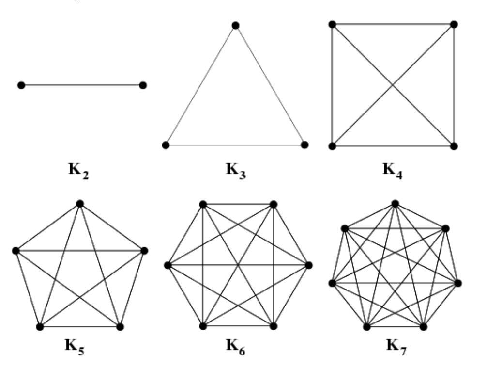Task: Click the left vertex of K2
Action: (21, 85)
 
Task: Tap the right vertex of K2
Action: (142, 85)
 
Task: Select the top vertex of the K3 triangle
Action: (235, 25)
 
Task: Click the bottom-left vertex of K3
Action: (166, 145)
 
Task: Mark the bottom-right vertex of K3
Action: (304, 145)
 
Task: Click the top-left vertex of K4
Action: (332, 24)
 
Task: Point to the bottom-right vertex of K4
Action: (454, 145)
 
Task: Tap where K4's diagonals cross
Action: (393, 85)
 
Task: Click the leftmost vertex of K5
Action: (15, 251)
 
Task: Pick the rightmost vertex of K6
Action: (309, 265)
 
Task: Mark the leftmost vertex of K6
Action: (167, 265)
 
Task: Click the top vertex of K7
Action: (395, 204)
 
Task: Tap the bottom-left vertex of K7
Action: (367, 327)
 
